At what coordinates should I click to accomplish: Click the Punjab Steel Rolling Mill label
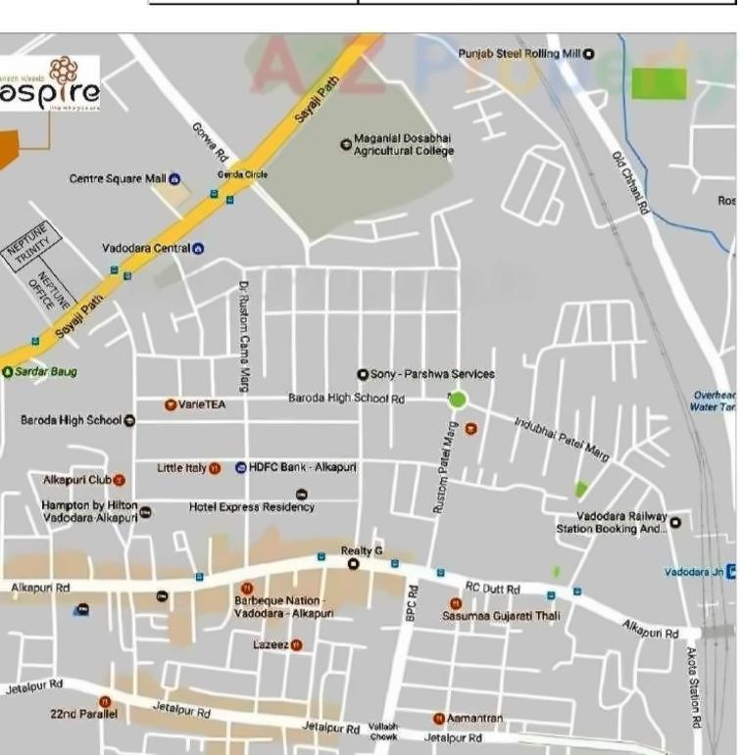click(x=519, y=54)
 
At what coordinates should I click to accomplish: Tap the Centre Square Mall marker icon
click(x=174, y=178)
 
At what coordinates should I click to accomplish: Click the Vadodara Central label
click(x=145, y=249)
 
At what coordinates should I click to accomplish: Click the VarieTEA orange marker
click(x=170, y=403)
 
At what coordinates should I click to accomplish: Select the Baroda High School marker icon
click(x=129, y=421)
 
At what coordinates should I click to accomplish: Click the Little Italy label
click(x=181, y=468)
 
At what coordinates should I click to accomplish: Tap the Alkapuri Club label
click(x=77, y=480)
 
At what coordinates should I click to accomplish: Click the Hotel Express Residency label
click(x=252, y=507)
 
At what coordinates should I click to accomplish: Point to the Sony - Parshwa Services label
click(x=432, y=374)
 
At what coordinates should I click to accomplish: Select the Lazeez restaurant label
click(x=271, y=644)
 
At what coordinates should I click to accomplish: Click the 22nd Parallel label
click(x=83, y=715)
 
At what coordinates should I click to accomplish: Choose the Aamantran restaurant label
click(x=474, y=719)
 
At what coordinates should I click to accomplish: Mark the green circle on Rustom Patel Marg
click(x=456, y=400)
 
